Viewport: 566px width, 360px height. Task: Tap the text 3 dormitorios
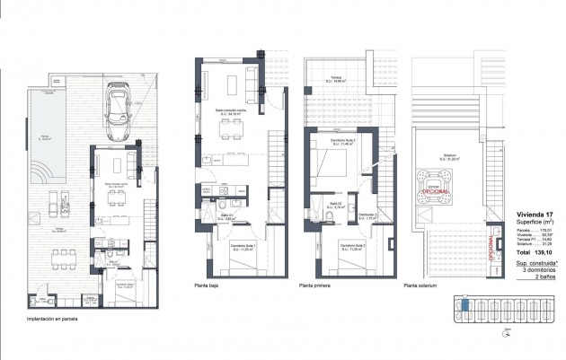[540, 271]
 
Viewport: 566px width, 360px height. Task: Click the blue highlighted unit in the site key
[464, 307]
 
